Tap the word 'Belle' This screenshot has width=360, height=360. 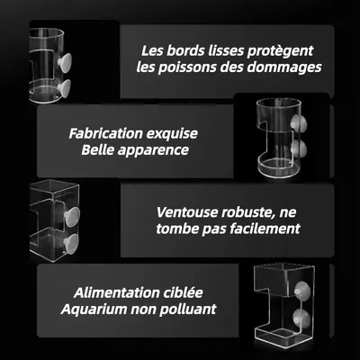(99, 149)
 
